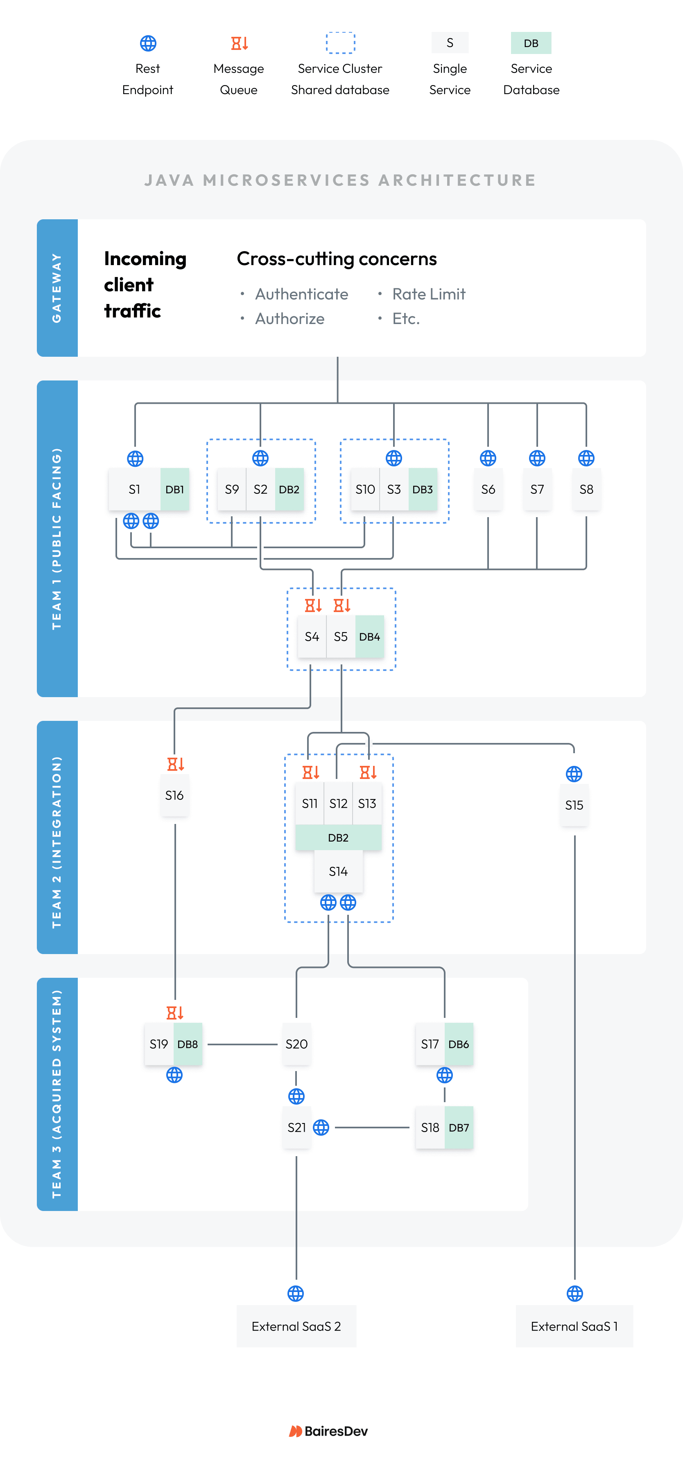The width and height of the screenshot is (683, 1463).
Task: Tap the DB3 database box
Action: click(x=422, y=489)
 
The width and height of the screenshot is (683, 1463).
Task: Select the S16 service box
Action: click(x=174, y=795)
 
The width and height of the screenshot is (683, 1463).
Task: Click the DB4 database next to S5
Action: click(x=369, y=637)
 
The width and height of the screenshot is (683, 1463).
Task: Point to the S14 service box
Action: click(x=338, y=871)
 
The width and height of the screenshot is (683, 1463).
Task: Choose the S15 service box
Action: click(x=574, y=805)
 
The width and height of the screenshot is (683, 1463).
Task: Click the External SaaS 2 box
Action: click(x=296, y=1326)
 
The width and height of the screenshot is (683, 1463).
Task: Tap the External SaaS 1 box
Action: click(x=574, y=1326)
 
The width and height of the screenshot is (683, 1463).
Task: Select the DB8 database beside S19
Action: click(x=188, y=1044)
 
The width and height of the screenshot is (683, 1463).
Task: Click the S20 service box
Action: click(x=296, y=1044)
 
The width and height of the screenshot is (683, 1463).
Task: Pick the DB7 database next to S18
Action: click(x=459, y=1128)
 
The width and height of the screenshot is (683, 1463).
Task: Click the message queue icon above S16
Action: click(x=175, y=764)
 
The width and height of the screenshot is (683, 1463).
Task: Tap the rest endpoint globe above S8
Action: click(x=586, y=458)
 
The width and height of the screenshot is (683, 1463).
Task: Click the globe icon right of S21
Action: click(x=321, y=1128)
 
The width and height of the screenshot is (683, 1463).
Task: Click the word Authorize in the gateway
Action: click(x=290, y=319)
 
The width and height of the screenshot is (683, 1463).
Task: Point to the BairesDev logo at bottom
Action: click(x=328, y=1431)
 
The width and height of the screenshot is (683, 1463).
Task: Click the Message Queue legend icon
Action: click(x=239, y=43)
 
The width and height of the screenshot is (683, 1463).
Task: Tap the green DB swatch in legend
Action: click(x=531, y=43)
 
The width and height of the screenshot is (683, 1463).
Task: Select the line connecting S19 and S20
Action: click(x=243, y=1044)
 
